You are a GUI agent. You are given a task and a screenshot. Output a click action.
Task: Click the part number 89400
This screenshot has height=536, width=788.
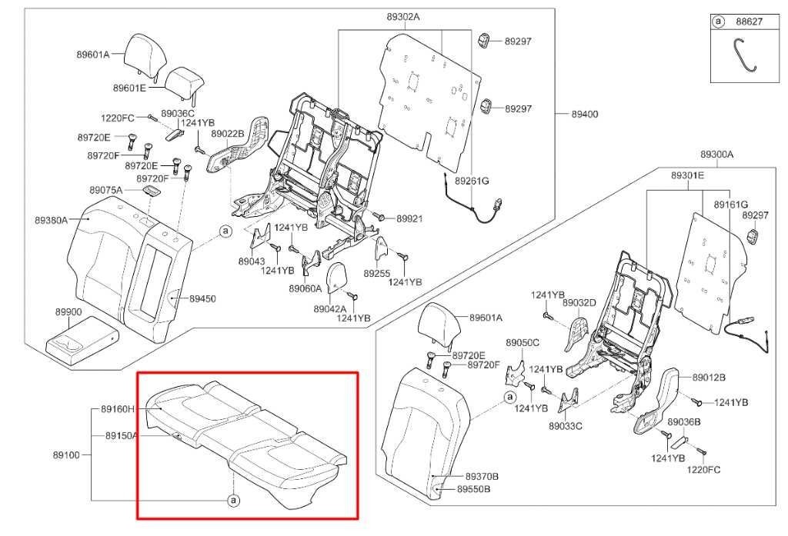click(x=584, y=114)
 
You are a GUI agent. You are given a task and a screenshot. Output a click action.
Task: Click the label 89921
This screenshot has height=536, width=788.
click(x=409, y=219)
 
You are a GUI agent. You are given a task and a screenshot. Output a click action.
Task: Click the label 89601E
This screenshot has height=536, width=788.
click(x=129, y=88)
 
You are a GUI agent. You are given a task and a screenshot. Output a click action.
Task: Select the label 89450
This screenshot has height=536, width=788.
click(x=202, y=298)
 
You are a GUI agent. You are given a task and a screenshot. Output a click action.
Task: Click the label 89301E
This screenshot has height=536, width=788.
click(x=687, y=175)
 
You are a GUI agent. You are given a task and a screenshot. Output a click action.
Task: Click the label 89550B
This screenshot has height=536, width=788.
click(x=473, y=489)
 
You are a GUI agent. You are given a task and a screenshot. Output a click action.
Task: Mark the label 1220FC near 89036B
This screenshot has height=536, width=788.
click(x=703, y=468)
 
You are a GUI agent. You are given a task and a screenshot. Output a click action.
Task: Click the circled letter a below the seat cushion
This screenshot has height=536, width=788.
click(x=232, y=501)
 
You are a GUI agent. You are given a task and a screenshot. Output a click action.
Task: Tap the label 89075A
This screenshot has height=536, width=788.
click(x=105, y=189)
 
